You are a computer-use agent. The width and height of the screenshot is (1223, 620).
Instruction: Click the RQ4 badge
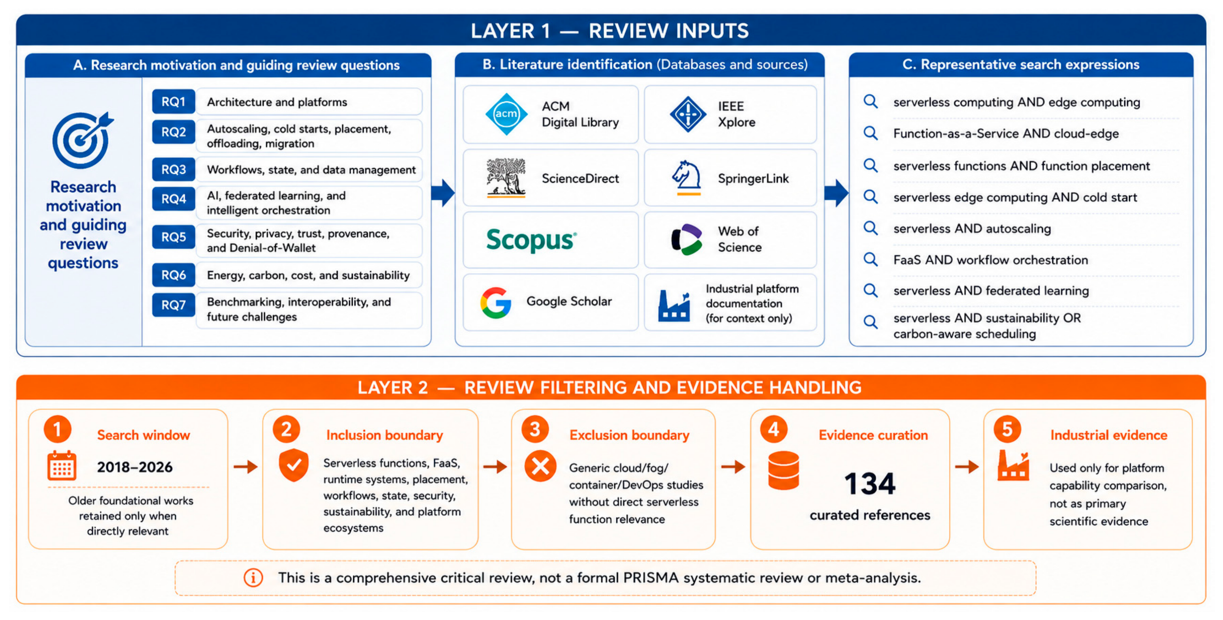tap(173, 199)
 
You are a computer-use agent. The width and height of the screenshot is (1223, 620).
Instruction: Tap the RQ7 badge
tap(173, 305)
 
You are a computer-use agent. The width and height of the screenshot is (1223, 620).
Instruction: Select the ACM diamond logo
tap(506, 114)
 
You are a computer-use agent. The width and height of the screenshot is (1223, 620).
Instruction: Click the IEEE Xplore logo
tap(687, 114)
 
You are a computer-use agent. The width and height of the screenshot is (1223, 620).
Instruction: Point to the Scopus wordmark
tap(531, 239)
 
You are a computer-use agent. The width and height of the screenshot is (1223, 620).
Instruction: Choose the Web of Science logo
tap(686, 239)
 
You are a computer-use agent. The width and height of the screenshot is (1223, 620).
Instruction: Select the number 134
tap(870, 484)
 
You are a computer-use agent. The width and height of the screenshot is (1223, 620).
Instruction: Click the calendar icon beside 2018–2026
tap(62, 466)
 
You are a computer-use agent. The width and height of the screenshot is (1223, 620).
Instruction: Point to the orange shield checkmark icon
tap(294, 465)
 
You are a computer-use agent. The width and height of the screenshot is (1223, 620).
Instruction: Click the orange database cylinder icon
tap(783, 470)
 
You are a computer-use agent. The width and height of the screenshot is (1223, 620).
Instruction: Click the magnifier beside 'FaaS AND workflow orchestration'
tap(871, 259)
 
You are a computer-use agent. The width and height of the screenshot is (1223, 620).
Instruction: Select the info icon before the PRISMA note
tap(253, 578)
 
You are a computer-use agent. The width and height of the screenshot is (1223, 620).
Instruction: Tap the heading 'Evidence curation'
tap(873, 435)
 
